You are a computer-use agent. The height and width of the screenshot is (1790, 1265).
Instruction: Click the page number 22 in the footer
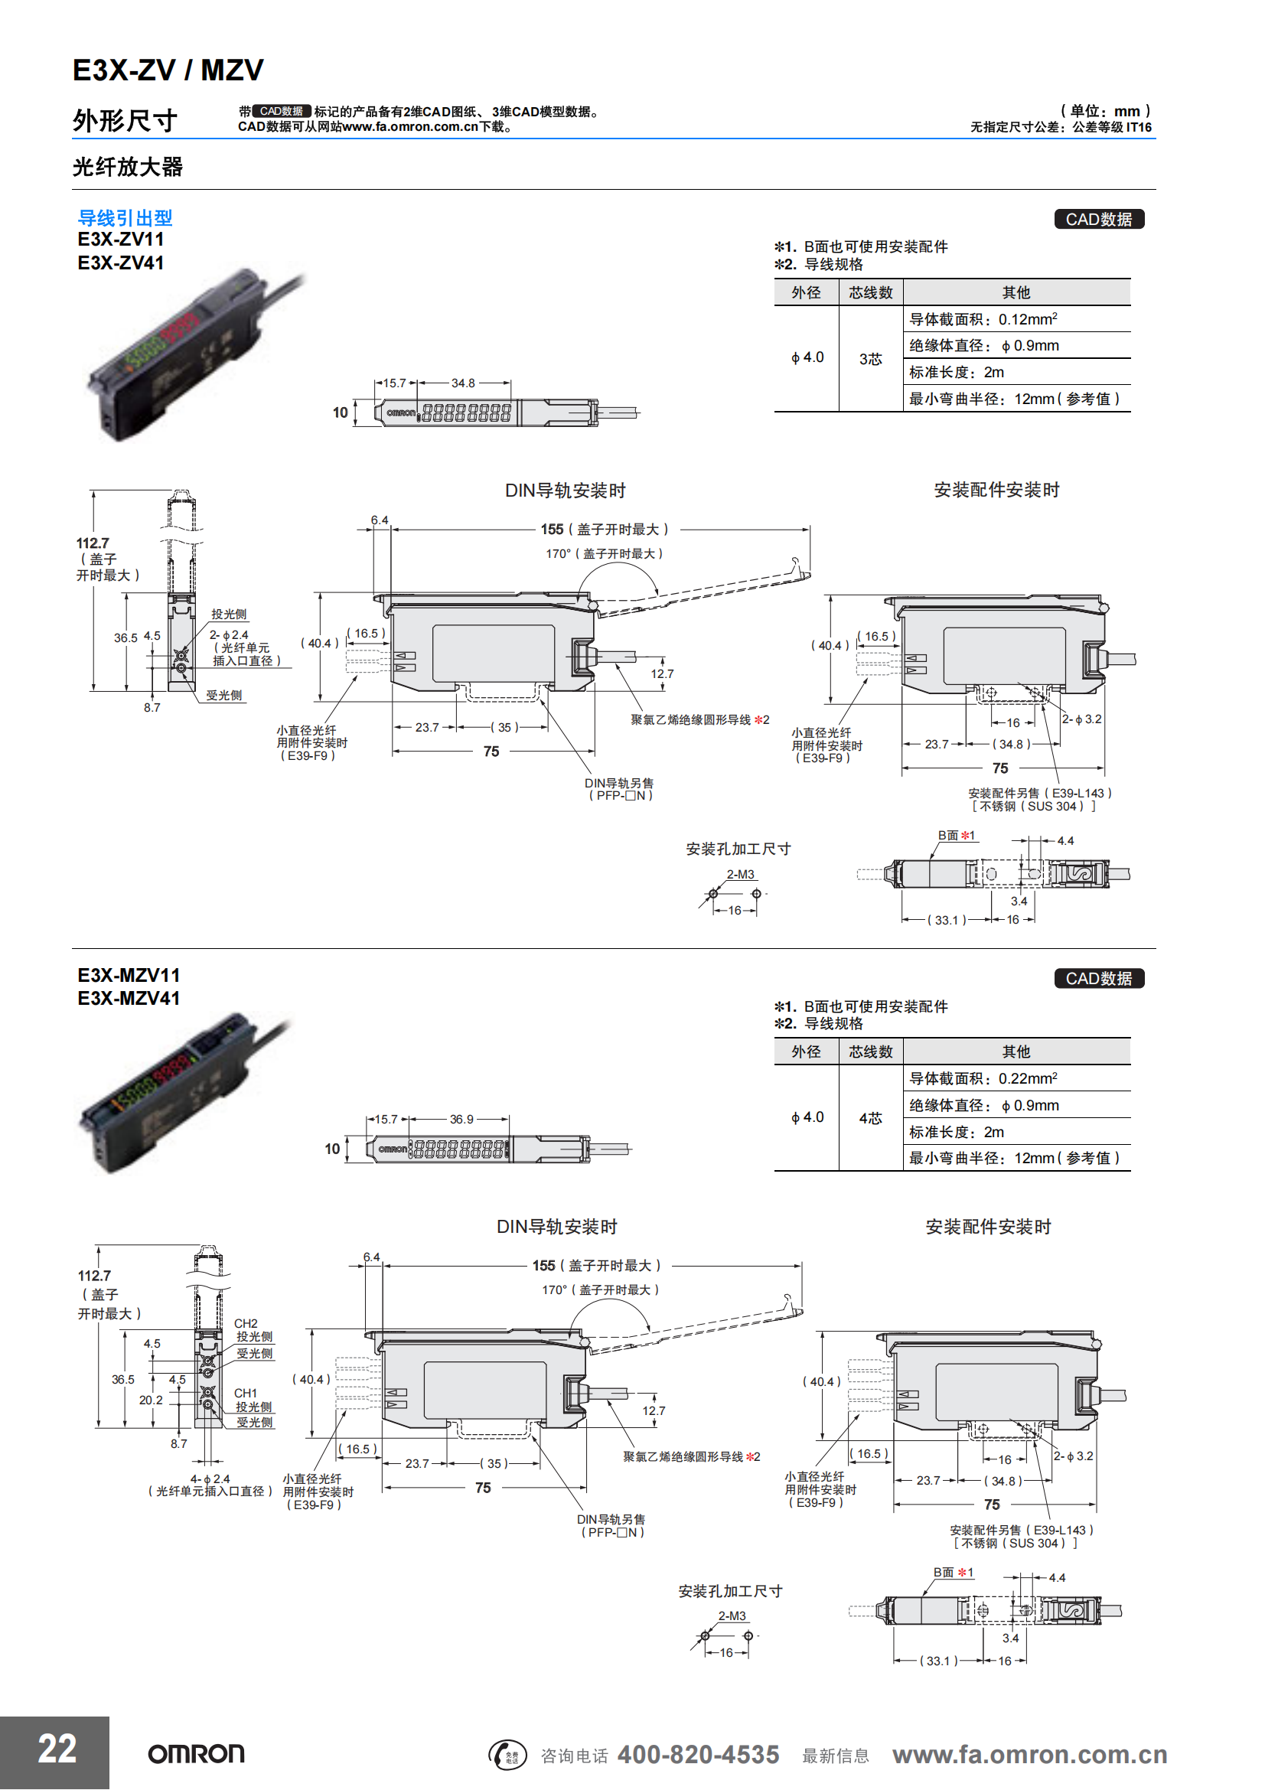click(57, 1749)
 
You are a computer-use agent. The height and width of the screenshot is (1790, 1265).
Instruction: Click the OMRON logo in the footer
click(197, 1754)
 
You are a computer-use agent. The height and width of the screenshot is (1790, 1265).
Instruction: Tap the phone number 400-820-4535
click(698, 1755)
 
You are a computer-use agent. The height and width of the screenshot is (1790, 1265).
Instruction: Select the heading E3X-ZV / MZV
click(168, 71)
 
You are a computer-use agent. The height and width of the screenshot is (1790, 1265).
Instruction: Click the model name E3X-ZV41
click(121, 263)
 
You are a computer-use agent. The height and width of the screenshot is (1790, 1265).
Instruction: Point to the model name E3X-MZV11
click(129, 975)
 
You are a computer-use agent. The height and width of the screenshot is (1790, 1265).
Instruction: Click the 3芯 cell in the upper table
click(870, 359)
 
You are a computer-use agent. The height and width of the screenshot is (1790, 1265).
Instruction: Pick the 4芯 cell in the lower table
click(870, 1118)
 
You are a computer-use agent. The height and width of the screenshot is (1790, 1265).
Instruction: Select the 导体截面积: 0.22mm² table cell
click(983, 1079)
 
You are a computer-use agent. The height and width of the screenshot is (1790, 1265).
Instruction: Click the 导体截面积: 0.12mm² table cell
click(983, 320)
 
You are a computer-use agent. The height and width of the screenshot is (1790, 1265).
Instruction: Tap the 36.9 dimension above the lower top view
click(461, 1120)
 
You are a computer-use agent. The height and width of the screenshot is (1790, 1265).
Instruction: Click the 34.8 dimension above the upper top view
click(463, 383)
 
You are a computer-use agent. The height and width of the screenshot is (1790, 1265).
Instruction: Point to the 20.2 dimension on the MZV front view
click(151, 1400)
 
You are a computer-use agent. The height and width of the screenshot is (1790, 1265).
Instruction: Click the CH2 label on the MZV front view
click(246, 1324)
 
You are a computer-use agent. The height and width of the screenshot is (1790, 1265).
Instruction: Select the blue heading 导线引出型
click(125, 218)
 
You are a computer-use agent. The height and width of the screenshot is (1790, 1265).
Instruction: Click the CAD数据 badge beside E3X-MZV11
click(1099, 979)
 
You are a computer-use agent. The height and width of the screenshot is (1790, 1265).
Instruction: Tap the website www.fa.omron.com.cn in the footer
click(1029, 1755)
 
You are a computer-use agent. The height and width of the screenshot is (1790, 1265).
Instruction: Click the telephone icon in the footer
click(507, 1755)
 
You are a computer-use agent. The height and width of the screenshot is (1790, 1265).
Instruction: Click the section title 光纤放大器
click(128, 167)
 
